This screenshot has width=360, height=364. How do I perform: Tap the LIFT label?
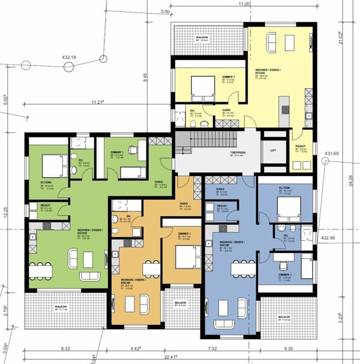click(274, 150)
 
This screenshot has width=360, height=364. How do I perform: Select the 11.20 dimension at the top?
click(244, 4)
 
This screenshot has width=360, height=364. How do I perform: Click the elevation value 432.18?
click(69, 58)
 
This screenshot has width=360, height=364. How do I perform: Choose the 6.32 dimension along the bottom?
click(66, 348)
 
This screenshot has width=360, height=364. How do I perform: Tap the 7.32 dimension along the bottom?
click(229, 348)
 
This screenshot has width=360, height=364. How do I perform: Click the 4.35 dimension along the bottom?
click(288, 348)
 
